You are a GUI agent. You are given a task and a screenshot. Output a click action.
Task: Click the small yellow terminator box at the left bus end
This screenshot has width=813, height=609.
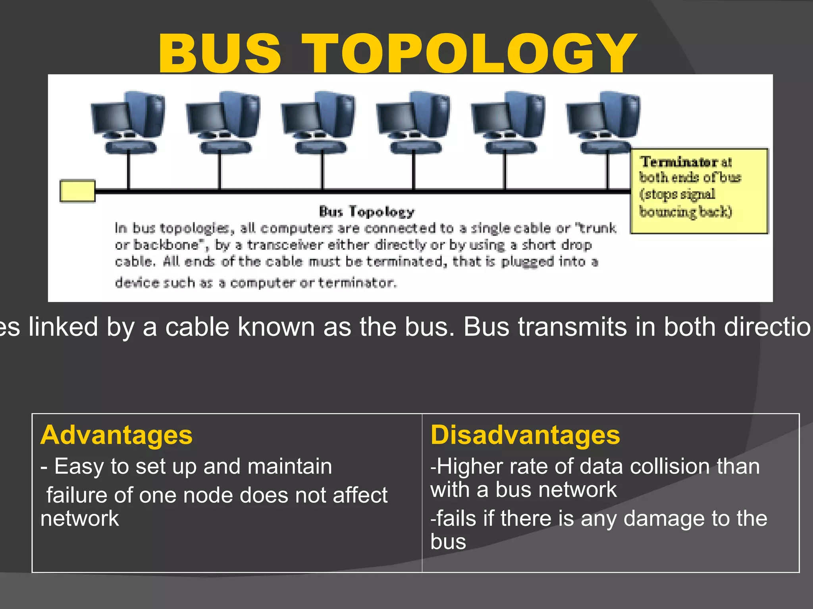pyautogui.click(x=77, y=191)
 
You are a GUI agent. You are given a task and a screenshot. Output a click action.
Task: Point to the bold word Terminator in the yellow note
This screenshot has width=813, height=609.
pyautogui.click(x=679, y=162)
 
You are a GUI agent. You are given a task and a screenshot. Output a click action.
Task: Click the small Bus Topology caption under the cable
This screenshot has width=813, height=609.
pyautogui.click(x=366, y=212)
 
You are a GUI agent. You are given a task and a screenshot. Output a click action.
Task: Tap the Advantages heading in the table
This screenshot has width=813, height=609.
pyautogui.click(x=116, y=435)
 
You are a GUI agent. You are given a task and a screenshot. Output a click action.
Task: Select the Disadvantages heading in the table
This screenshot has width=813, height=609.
pyautogui.click(x=525, y=435)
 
